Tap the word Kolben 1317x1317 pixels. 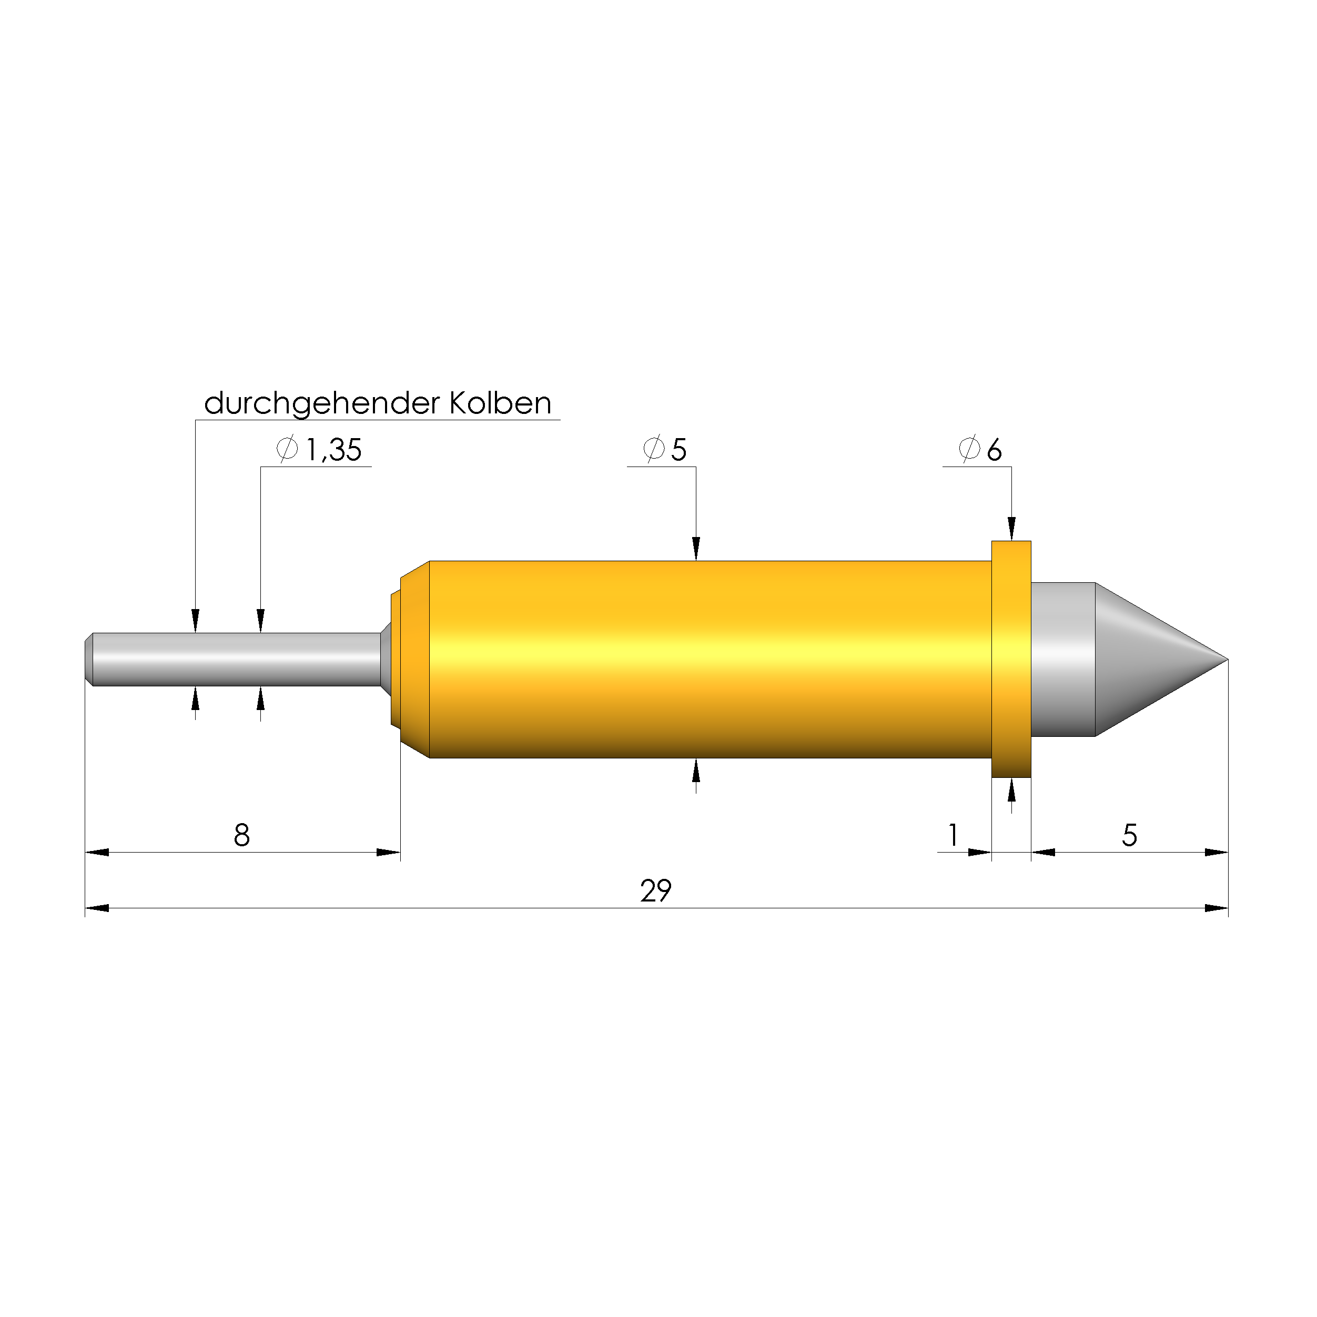pyautogui.click(x=500, y=403)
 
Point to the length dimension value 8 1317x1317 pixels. pyautogui.click(x=242, y=836)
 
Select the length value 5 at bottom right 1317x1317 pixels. pyautogui.click(x=1130, y=836)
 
